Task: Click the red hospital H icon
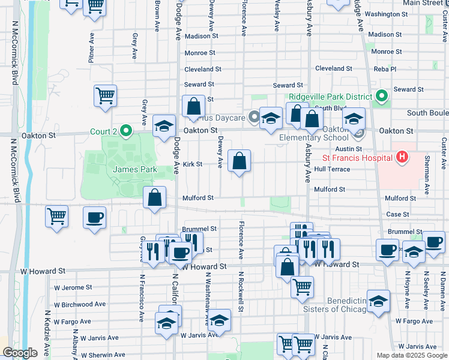click(402, 158)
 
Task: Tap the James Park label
click(135, 170)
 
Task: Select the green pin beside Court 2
click(125, 130)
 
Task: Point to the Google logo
click(20, 353)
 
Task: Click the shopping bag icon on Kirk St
click(239, 161)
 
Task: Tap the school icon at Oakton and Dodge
click(164, 127)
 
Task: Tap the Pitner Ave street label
click(91, 44)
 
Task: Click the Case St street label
click(397, 214)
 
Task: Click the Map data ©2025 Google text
click(411, 355)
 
